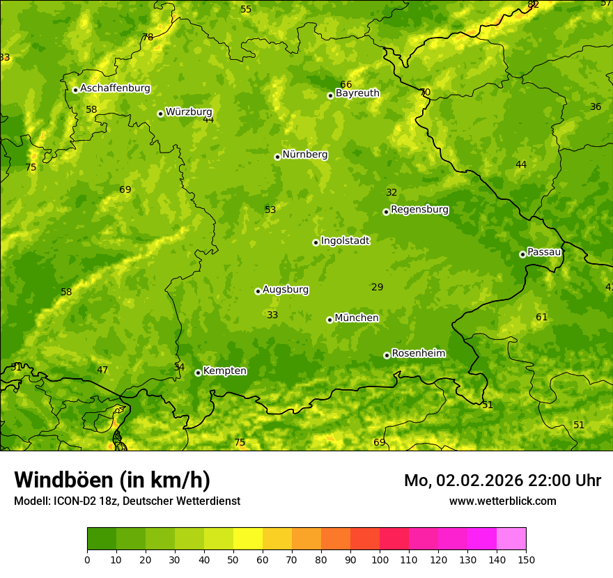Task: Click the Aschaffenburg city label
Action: click(115, 88)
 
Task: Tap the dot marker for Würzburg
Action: click(160, 114)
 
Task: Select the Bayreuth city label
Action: click(357, 93)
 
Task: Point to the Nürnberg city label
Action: click(304, 155)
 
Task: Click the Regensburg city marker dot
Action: click(386, 212)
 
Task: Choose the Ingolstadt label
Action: click(345, 241)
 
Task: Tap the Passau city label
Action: click(543, 252)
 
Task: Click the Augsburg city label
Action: click(286, 290)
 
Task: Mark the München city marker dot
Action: click(329, 320)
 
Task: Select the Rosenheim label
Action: click(418, 354)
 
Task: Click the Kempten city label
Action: click(224, 371)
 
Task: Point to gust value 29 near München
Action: click(378, 288)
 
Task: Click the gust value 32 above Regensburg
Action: click(391, 193)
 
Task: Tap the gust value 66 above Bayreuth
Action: click(346, 85)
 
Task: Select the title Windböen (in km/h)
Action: click(112, 480)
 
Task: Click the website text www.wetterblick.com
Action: click(502, 501)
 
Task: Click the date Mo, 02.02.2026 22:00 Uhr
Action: click(502, 481)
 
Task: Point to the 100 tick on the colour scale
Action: click(380, 559)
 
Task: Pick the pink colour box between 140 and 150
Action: click(511, 539)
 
